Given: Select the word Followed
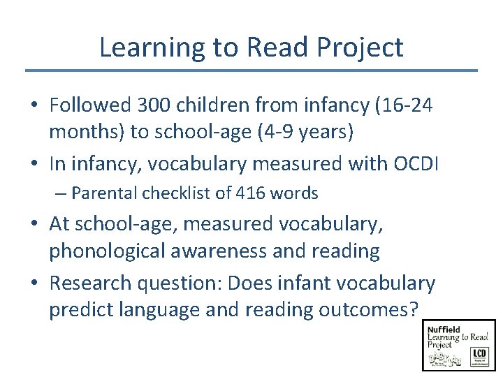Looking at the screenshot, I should (x=90, y=105).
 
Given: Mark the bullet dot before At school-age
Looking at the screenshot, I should (x=36, y=225).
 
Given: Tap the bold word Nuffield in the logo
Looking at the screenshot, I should (x=445, y=328).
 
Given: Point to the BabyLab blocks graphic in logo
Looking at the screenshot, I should (x=446, y=357).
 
